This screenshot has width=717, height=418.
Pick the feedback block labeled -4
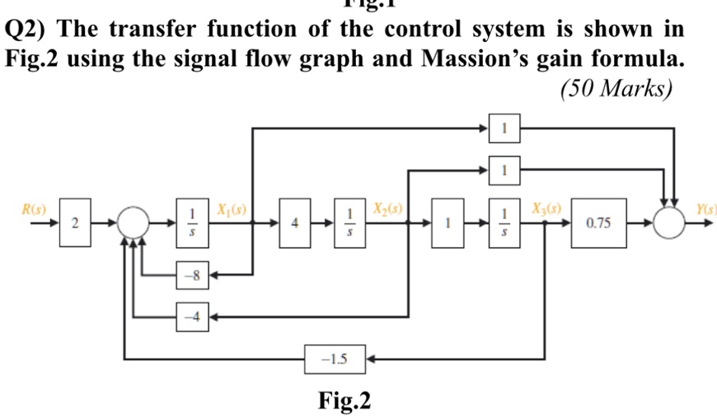click(192, 316)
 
